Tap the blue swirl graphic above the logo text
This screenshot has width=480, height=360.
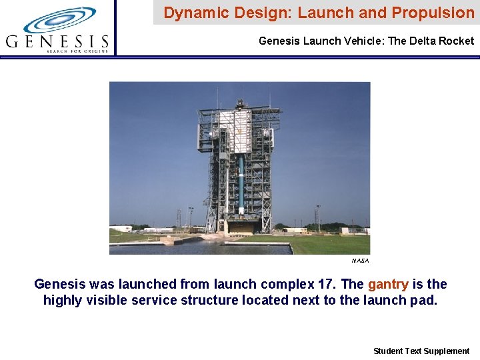[x=59, y=20]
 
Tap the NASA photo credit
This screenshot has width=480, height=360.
[x=360, y=261]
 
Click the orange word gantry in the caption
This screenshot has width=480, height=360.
[x=388, y=285]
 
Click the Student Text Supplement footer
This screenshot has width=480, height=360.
[x=421, y=351]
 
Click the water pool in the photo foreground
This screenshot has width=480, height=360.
[x=200, y=248]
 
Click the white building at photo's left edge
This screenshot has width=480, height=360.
[x=121, y=229]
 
